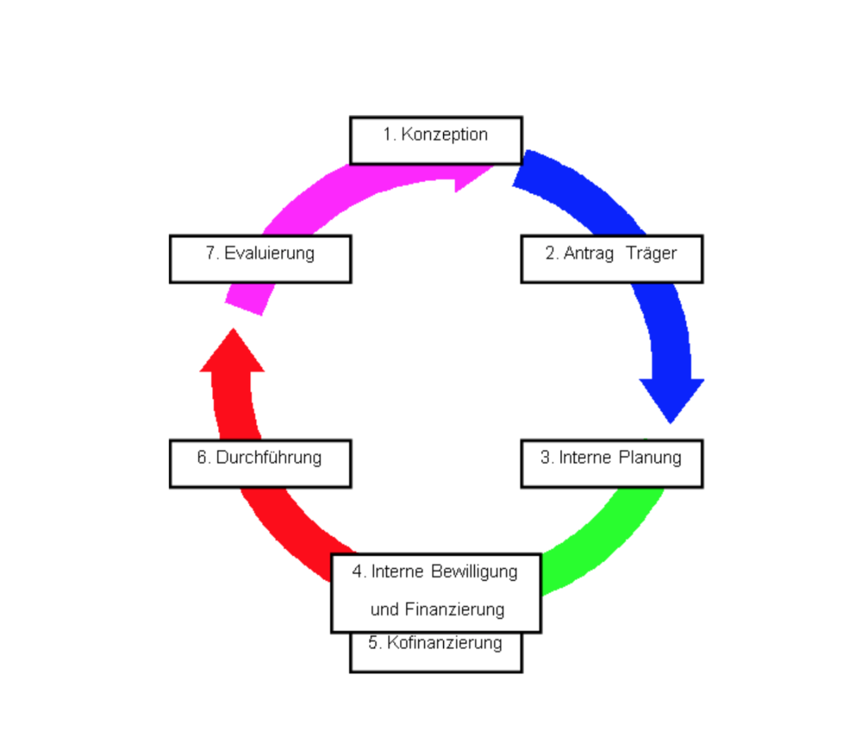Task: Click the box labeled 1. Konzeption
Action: tap(436, 140)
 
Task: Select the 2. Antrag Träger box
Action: tap(611, 259)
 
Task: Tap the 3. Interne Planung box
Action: tap(611, 463)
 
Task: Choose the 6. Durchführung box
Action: tap(260, 463)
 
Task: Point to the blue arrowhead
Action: tap(671, 397)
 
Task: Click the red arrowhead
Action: tap(232, 354)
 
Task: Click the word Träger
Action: tap(651, 253)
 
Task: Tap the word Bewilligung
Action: tap(474, 572)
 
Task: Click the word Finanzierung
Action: tap(454, 610)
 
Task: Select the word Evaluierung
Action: tap(269, 253)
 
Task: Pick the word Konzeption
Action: tap(444, 135)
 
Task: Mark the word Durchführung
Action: tap(268, 458)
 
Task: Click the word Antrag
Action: tap(588, 253)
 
